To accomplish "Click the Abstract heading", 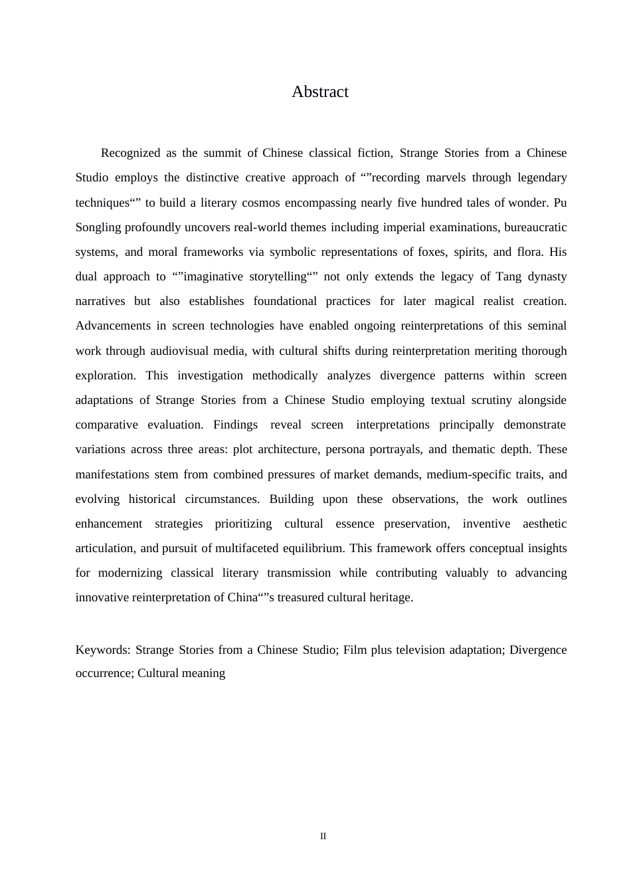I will [319, 92].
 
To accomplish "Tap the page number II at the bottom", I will [323, 836].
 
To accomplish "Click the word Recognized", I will [130, 153].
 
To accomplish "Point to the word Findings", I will [235, 425].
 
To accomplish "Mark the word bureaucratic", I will [535, 227].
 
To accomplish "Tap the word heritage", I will [389, 597].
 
